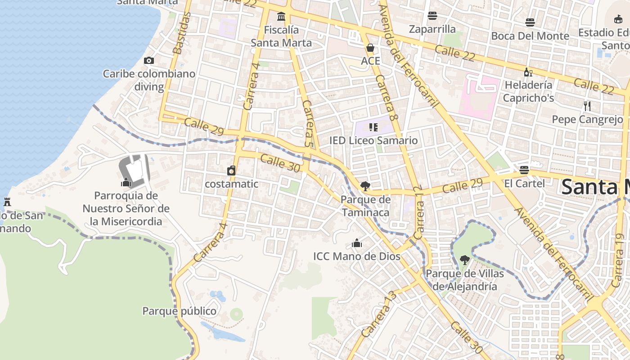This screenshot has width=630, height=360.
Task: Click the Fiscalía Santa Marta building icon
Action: tap(281, 17)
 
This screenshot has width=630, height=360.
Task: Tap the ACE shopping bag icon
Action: tap(370, 48)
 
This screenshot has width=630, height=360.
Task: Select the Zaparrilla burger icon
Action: tap(432, 16)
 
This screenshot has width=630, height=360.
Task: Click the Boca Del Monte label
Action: tap(530, 36)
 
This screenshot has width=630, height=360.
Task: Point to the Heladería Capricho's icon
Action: tap(528, 72)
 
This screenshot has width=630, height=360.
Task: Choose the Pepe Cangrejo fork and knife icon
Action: tap(587, 106)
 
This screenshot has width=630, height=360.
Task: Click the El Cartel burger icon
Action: tap(524, 170)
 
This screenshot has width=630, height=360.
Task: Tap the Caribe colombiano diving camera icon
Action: tap(149, 60)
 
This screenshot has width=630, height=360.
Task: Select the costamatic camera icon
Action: tap(231, 171)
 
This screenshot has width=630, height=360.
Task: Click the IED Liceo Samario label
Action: tap(373, 140)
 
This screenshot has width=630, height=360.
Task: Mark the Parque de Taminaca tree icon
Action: tap(365, 186)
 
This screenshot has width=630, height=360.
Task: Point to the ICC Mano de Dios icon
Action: tap(357, 243)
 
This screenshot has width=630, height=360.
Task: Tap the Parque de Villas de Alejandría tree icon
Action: tap(464, 260)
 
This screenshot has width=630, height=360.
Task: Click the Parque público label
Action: tap(179, 311)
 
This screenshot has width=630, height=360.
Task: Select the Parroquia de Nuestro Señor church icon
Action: tap(126, 182)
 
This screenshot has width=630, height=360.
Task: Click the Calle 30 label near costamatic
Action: tap(280, 163)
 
